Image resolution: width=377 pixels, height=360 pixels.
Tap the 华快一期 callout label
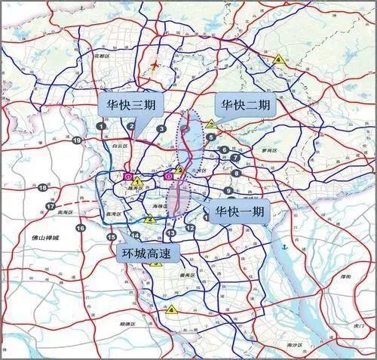(239, 212)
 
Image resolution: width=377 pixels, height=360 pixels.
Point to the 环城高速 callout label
(148, 253)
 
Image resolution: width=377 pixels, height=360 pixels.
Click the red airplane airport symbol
(156, 65)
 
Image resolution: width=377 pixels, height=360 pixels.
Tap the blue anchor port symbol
(284, 247)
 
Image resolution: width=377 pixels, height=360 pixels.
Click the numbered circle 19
(76, 140)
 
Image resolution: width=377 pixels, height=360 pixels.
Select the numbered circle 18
(43, 188)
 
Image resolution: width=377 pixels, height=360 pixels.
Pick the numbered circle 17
(51, 206)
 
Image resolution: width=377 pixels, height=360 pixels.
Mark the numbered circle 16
(80, 227)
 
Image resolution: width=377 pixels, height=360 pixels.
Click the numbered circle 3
(161, 129)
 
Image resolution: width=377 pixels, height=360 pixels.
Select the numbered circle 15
(111, 237)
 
